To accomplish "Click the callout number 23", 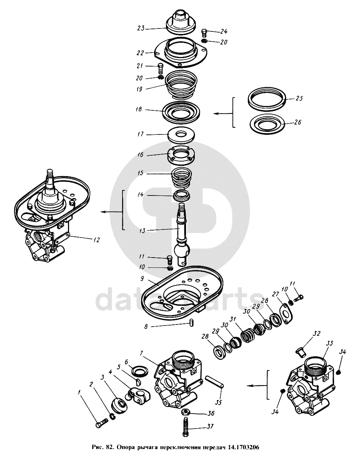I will point(141,28).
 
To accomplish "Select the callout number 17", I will point(141,135).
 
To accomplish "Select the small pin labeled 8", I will point(191,322).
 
